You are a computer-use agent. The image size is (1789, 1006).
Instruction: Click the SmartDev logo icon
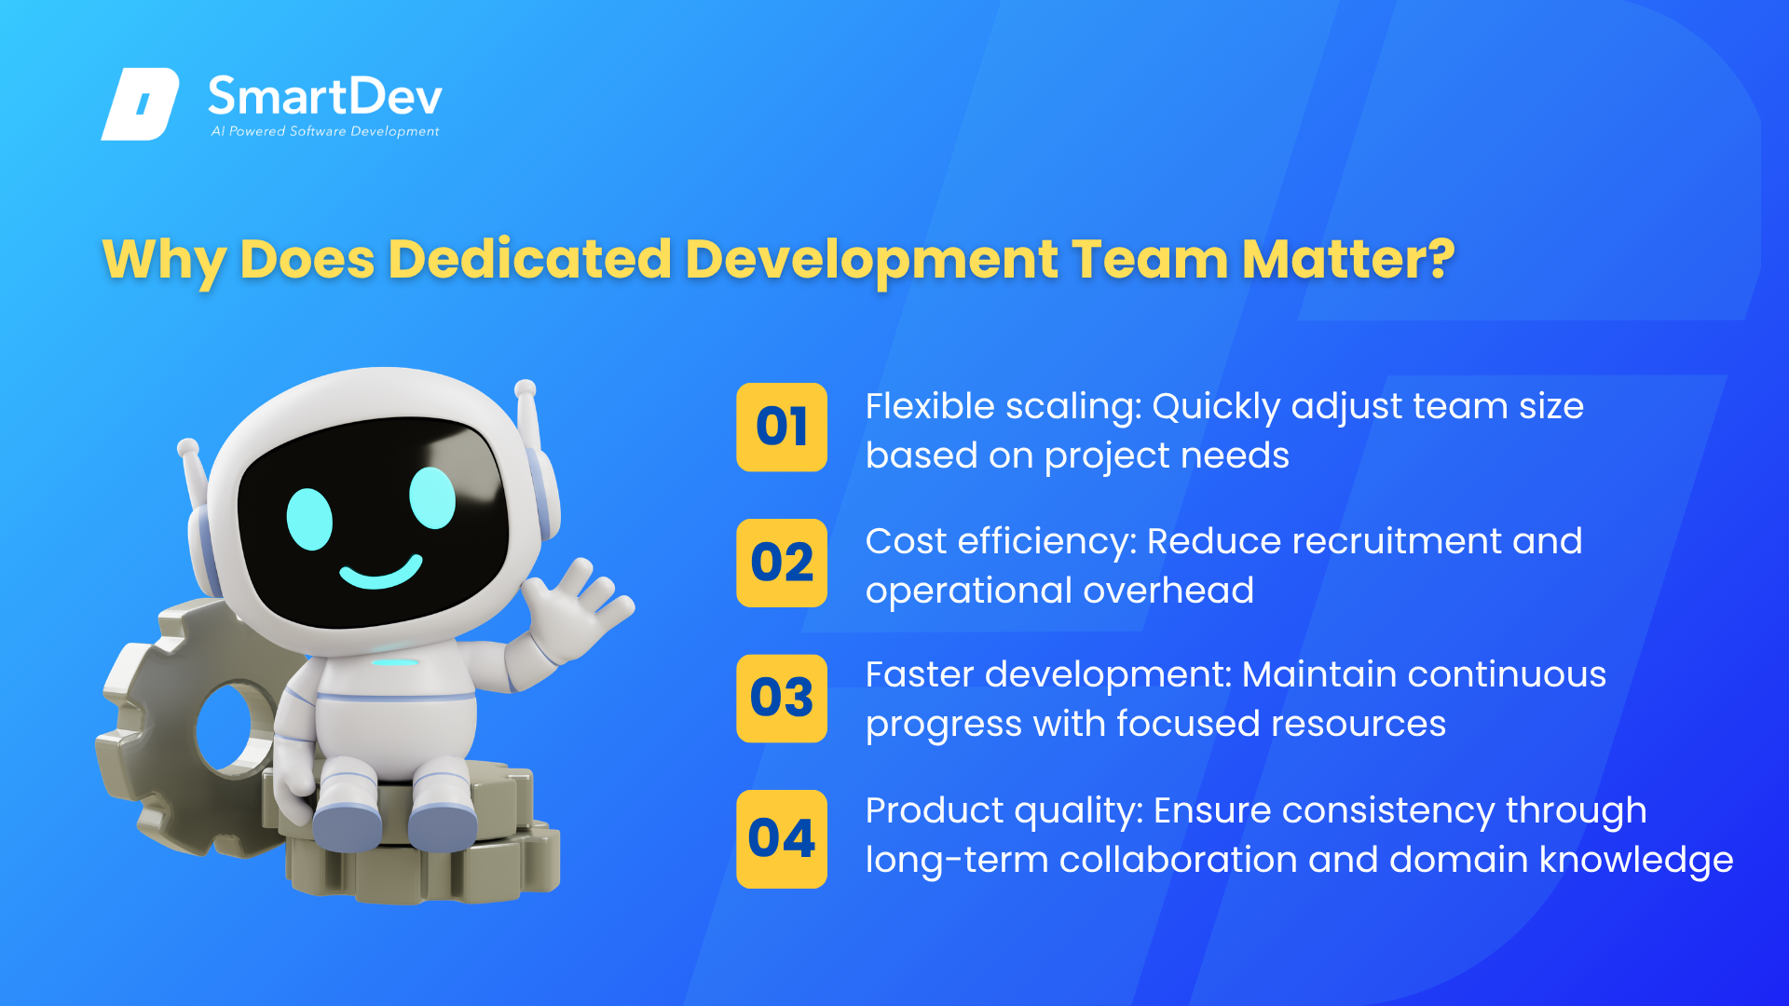(140, 103)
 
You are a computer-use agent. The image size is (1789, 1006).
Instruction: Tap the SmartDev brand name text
(324, 97)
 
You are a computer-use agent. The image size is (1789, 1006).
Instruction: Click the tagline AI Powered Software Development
(324, 131)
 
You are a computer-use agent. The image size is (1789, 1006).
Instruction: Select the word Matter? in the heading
(1347, 259)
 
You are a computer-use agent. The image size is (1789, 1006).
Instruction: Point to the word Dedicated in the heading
(529, 259)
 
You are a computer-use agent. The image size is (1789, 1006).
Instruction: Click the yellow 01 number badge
(782, 427)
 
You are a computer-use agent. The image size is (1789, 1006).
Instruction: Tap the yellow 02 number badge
(782, 563)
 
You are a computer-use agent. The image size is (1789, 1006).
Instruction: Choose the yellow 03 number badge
(782, 698)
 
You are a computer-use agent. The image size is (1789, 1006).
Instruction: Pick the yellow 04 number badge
(782, 838)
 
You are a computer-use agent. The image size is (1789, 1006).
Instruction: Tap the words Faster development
(1048, 676)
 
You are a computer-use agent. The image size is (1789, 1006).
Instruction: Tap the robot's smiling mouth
(380, 572)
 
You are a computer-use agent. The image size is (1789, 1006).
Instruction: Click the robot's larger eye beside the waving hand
(432, 497)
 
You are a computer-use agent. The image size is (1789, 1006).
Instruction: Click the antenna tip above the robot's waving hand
(526, 387)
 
